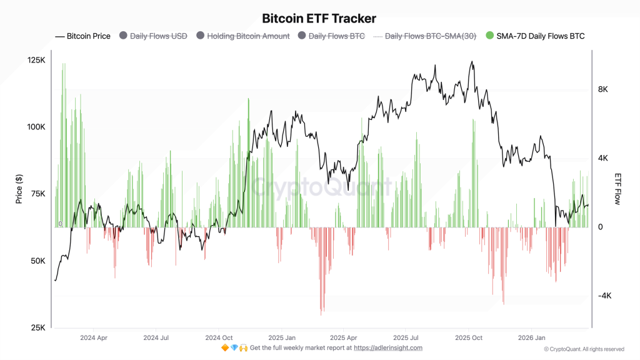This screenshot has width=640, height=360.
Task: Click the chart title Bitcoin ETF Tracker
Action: click(319, 19)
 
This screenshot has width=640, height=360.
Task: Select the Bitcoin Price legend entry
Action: click(88, 36)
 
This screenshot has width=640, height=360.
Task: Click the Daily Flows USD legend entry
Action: click(159, 36)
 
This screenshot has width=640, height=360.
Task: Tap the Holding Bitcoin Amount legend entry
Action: click(248, 36)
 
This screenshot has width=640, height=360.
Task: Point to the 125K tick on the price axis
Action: click(37, 60)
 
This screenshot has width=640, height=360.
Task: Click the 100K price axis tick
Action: click(37, 127)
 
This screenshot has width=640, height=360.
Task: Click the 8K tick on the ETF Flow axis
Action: click(603, 89)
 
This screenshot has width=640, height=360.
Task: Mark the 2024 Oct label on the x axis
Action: click(219, 337)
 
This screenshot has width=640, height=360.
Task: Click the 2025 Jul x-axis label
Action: click(406, 337)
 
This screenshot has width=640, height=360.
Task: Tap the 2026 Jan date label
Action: click(531, 337)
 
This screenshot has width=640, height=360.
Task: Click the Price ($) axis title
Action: click(19, 189)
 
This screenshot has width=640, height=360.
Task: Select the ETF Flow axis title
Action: click(617, 189)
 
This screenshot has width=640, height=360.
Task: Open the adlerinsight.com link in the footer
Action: click(388, 347)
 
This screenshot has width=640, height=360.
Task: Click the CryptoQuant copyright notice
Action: click(584, 349)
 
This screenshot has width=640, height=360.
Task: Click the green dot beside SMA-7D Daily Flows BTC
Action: click(489, 36)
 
